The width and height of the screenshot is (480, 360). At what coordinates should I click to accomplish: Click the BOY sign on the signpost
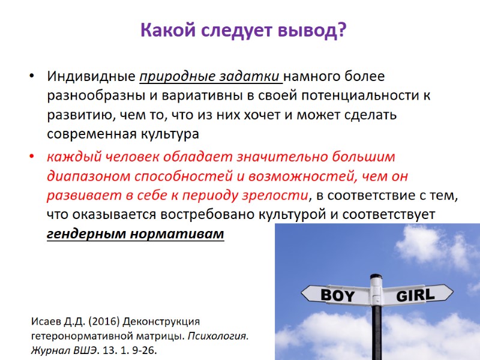pos(337,295)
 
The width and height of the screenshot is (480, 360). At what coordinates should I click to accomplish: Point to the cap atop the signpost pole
pos(376,278)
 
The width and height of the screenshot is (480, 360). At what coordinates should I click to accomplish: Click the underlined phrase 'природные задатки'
pos(211,77)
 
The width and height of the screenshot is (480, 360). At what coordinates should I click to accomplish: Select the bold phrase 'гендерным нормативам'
pos(135,233)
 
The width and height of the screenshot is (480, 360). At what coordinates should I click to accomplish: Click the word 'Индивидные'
pos(91,77)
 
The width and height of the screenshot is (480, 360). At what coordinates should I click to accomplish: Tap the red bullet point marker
pos(32,158)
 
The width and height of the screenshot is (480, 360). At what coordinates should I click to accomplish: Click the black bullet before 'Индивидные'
pos(32,78)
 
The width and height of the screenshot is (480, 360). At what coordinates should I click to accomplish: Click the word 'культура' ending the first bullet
pos(171,133)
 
